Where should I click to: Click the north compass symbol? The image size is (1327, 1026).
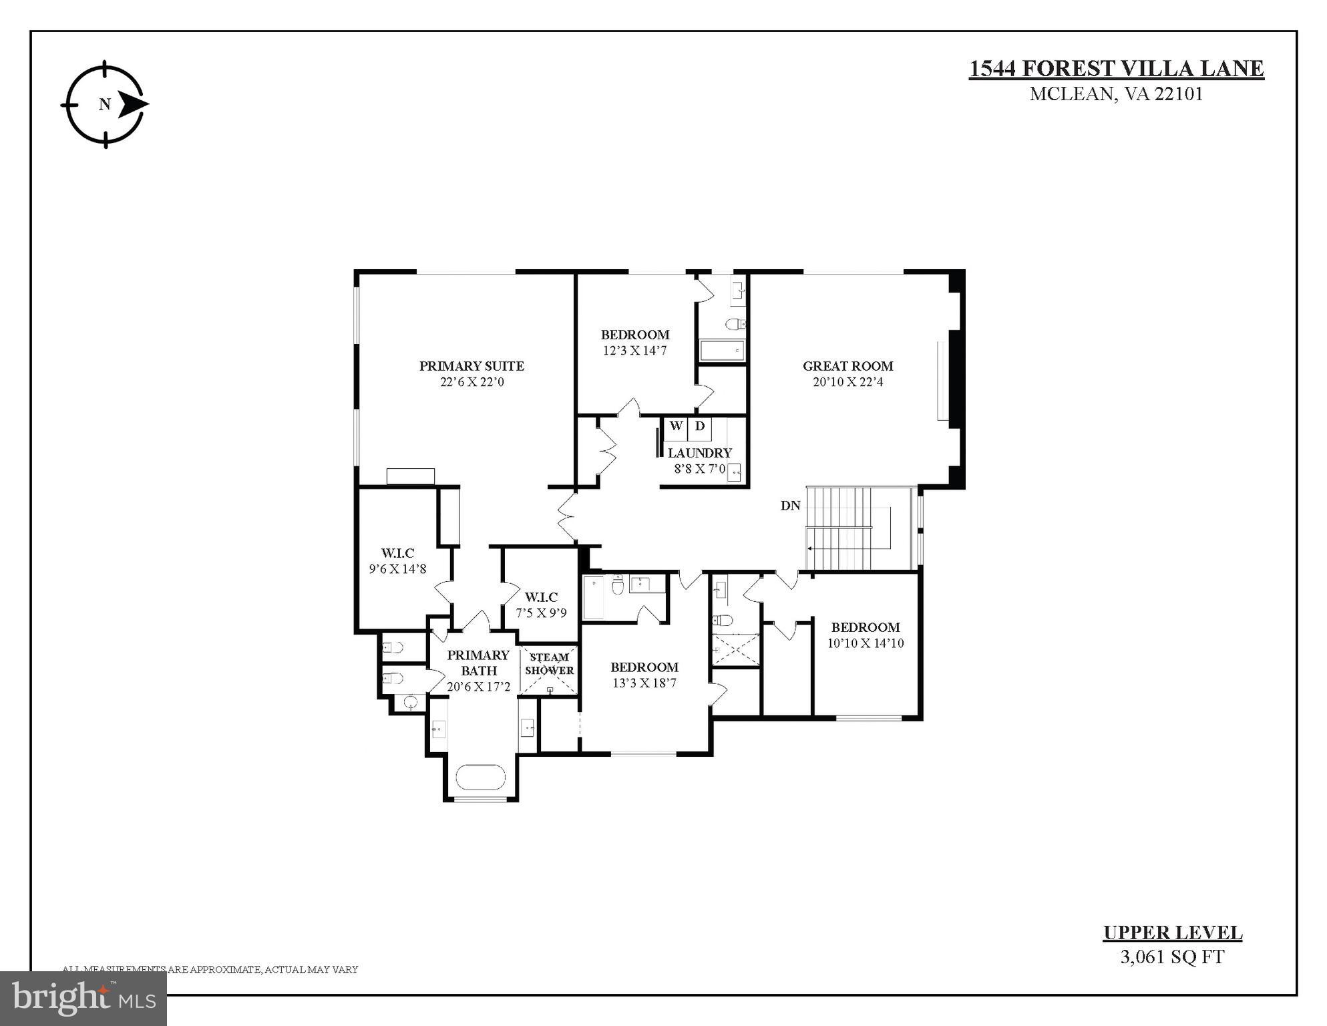(105, 104)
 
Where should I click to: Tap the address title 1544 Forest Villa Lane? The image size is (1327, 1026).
(1116, 69)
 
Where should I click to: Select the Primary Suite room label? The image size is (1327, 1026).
(471, 366)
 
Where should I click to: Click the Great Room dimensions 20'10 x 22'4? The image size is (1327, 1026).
(847, 382)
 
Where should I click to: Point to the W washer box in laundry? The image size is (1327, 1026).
(676, 426)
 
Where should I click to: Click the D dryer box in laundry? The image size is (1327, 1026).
(700, 426)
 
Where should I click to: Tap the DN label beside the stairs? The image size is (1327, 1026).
(790, 506)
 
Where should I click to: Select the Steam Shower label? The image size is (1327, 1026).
(549, 663)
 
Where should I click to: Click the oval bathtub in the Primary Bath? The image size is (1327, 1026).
(481, 778)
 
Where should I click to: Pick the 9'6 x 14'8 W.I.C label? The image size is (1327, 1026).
(398, 561)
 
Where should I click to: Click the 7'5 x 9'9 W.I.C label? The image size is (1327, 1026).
(541, 605)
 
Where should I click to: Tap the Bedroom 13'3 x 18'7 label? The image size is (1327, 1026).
(644, 675)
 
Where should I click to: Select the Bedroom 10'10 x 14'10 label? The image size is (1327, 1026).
(866, 635)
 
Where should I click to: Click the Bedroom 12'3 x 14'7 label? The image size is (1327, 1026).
(634, 342)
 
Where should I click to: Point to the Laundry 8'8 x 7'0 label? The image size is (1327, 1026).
(699, 460)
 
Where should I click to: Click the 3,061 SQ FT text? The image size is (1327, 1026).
(1172, 957)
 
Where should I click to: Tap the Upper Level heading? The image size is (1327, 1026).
(1172, 933)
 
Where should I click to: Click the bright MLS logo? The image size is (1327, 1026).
(83, 999)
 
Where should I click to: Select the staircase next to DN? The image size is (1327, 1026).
(848, 528)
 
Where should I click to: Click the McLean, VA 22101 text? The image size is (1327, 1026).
(1116, 94)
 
